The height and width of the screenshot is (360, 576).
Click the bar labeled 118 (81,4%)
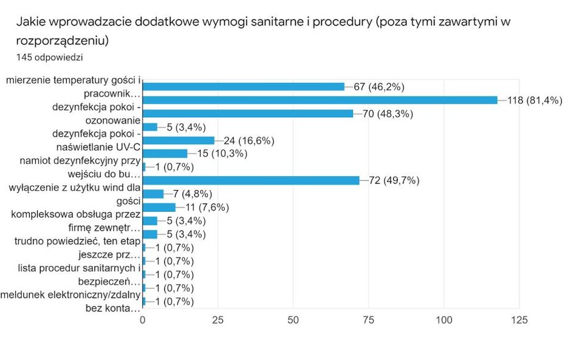coord(320,100)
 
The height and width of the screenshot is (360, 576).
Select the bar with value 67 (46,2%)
coord(243,87)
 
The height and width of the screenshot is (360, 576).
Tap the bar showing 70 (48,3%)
coord(247,114)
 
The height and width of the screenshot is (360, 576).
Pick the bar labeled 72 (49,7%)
coord(250,180)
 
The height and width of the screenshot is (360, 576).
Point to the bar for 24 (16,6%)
coord(178,140)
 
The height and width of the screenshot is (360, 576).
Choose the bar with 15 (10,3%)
coord(165,154)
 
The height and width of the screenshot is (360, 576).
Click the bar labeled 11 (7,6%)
coord(159,207)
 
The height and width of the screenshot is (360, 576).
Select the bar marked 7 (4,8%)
coord(153,194)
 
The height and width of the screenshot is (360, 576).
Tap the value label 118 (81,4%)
coord(535,100)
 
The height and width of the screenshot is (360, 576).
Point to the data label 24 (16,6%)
coord(250,140)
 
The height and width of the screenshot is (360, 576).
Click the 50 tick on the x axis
coord(293,320)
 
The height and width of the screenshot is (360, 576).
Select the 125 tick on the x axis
coord(518,320)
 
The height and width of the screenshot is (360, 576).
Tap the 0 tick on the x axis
coord(143,320)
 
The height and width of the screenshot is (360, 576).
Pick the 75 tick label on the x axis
coord(369,320)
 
